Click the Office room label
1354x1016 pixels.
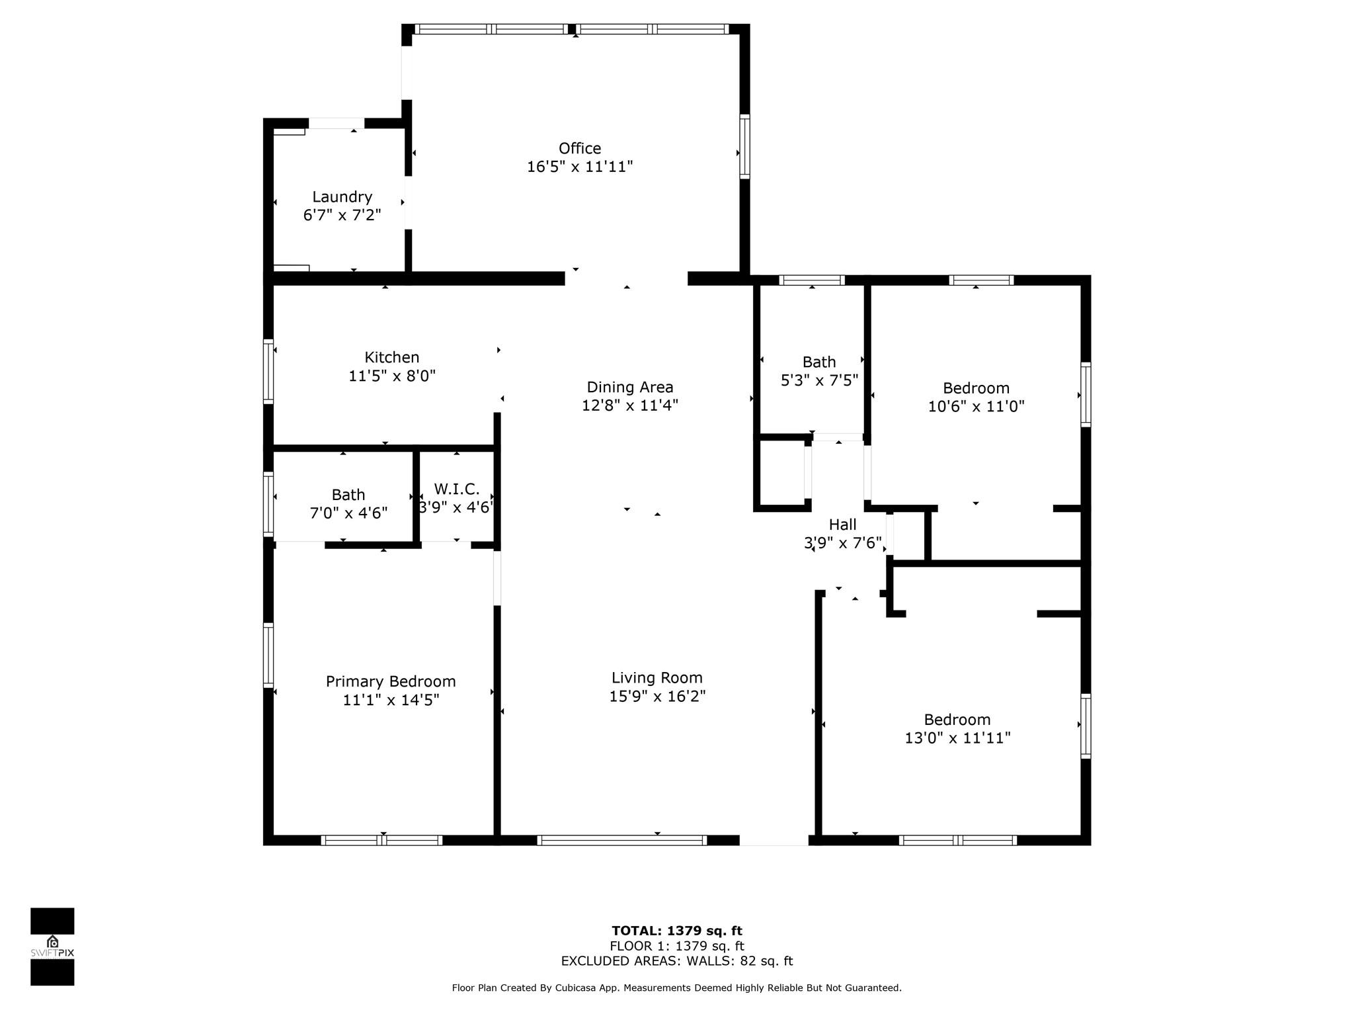coord(580,148)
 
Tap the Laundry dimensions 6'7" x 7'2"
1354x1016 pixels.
coord(342,215)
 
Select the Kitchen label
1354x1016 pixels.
coord(392,357)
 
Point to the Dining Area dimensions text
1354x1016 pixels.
coord(630,405)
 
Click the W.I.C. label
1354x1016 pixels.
coord(457,489)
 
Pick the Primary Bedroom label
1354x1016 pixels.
coord(391,681)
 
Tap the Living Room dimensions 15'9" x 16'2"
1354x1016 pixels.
coord(657,696)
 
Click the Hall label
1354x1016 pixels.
coord(842,525)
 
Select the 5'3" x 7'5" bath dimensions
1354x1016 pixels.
coord(819,380)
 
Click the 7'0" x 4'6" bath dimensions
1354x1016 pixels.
coord(348,513)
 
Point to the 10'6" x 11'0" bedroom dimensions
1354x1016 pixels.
coord(976,406)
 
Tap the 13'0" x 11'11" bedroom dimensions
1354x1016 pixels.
coord(957,738)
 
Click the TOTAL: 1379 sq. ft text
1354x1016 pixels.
coord(677,931)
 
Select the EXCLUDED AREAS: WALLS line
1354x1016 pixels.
coord(677,961)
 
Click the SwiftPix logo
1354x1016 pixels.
coord(52,947)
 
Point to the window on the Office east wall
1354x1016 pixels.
coord(744,146)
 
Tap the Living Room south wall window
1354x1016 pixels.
coord(621,840)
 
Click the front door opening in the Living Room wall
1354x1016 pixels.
coord(774,840)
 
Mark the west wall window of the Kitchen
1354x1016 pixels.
coord(268,371)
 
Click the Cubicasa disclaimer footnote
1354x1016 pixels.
coord(676,988)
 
